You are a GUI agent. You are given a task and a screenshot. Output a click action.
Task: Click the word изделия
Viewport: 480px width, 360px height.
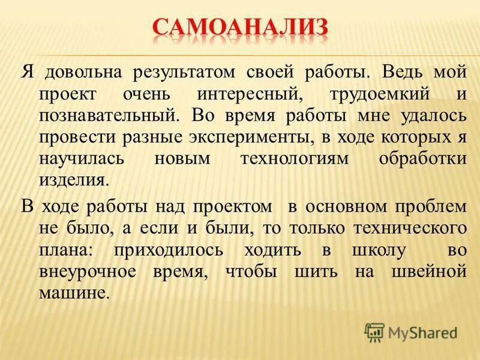pos(75,179)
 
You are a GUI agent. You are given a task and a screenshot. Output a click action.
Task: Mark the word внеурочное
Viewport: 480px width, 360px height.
pos(91,271)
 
